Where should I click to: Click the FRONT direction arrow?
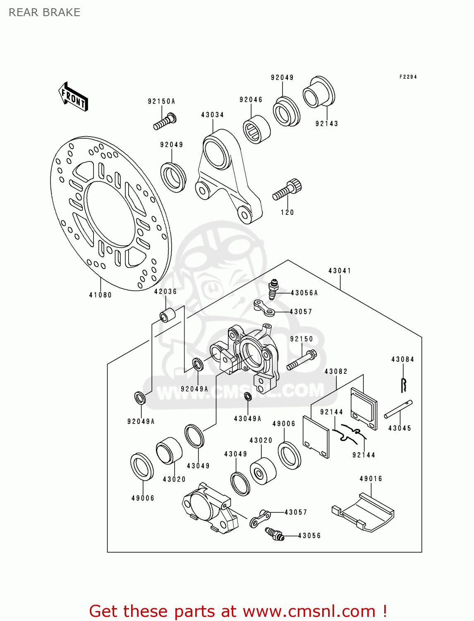tap(73, 96)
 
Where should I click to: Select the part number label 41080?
tap(101, 295)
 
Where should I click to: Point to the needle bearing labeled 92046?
tap(256, 130)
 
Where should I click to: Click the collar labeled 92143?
tap(318, 92)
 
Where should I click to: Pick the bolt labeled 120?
tap(287, 190)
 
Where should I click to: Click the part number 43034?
tap(212, 115)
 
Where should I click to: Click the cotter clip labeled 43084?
tap(404, 385)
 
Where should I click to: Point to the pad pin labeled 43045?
tap(398, 409)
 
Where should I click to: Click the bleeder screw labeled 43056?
tap(274, 534)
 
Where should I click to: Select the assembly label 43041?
tap(340, 271)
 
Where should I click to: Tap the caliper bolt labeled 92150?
tap(302, 360)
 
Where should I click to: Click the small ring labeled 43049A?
tap(248, 396)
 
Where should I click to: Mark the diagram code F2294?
tap(408, 77)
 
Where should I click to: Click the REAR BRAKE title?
tap(44, 12)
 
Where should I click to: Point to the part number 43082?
tap(336, 371)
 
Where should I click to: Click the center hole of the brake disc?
tap(110, 214)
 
